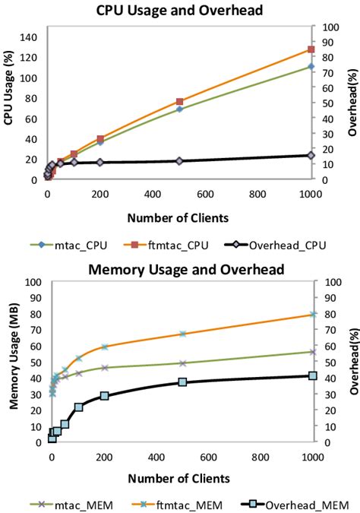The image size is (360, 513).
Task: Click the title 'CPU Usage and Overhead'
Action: point(179,11)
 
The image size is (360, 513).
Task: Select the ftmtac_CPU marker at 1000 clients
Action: point(311,49)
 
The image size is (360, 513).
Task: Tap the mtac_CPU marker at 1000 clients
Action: point(311,67)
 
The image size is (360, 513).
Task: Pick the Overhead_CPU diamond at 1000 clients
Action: point(311,155)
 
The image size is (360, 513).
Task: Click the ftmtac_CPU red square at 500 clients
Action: point(179,101)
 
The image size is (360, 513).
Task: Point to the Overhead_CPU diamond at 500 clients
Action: point(179,160)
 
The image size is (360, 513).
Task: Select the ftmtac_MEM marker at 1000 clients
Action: point(312,314)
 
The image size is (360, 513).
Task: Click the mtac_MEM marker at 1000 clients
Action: point(312,352)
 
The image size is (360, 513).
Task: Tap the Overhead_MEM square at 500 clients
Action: point(182,382)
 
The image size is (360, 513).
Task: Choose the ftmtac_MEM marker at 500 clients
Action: point(182,334)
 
